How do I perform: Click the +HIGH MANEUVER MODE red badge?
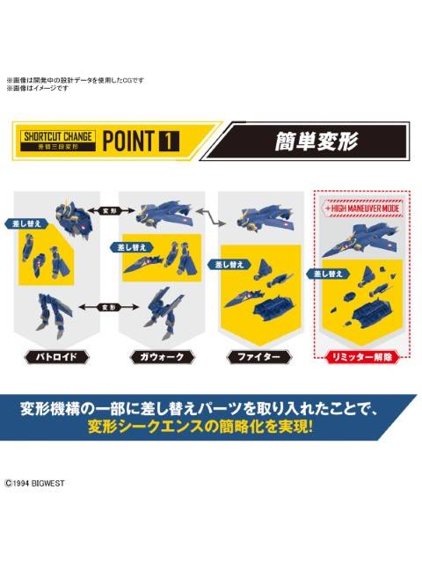coord(352,208)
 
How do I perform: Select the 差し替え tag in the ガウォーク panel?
coord(125,247)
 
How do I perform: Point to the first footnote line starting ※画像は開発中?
coord(75,80)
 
